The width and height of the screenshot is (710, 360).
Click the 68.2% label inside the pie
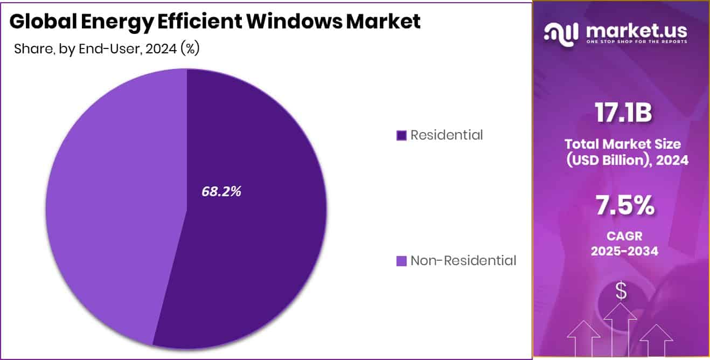[x=221, y=191]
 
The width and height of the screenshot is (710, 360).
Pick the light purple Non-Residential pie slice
[x=108, y=205]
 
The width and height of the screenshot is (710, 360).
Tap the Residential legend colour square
[x=401, y=135]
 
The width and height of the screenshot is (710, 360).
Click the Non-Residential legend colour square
[x=401, y=261]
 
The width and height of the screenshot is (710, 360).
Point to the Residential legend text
[x=447, y=135]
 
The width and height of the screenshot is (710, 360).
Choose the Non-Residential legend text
[x=463, y=261]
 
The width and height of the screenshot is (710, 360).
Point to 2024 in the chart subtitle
[x=161, y=49]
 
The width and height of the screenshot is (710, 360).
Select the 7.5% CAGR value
[x=625, y=206]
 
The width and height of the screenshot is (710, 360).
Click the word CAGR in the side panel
[x=624, y=236]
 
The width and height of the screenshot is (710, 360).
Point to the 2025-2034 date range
[x=624, y=251]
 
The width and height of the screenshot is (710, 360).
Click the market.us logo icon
[x=561, y=33]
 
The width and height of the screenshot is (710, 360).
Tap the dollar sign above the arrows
[x=621, y=292]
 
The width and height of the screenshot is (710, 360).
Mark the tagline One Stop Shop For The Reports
[x=636, y=42]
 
